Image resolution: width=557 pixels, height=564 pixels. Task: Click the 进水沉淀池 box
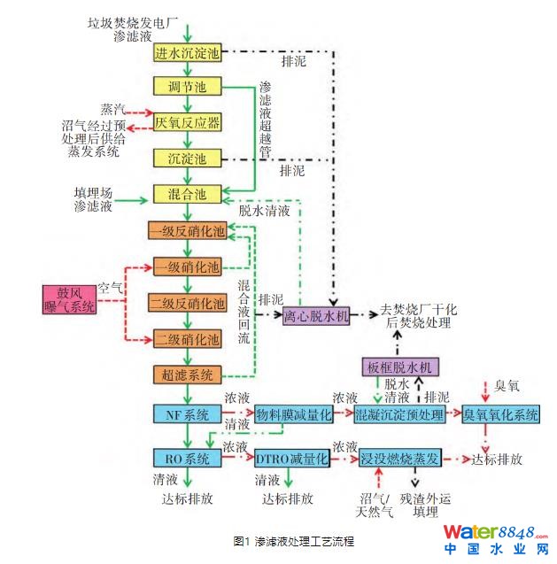187,52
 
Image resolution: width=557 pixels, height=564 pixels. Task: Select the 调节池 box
187,87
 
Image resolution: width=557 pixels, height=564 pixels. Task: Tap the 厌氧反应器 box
187,122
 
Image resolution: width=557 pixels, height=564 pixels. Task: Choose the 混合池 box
187,194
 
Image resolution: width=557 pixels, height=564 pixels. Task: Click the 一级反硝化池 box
187,230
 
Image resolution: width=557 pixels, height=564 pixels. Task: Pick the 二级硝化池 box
187,339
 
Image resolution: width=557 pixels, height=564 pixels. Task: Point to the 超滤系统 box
187,375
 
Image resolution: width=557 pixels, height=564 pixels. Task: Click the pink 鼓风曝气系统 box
69,299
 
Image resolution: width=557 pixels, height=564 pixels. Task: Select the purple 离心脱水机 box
316,316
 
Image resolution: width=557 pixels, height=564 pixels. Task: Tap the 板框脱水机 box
400,367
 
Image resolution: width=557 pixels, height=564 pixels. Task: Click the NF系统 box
187,414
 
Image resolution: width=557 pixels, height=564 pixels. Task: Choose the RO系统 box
187,458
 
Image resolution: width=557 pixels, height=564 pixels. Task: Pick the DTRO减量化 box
292,458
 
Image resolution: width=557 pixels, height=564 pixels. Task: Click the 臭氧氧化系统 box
500,414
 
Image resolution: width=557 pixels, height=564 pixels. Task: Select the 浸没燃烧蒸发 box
399,458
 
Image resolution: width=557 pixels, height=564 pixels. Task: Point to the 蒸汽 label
112,109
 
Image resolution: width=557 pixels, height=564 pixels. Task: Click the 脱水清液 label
265,211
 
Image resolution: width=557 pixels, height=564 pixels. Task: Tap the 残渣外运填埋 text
425,506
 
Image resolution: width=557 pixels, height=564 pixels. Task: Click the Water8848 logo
496,539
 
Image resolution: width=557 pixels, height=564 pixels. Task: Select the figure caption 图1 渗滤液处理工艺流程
294,541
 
